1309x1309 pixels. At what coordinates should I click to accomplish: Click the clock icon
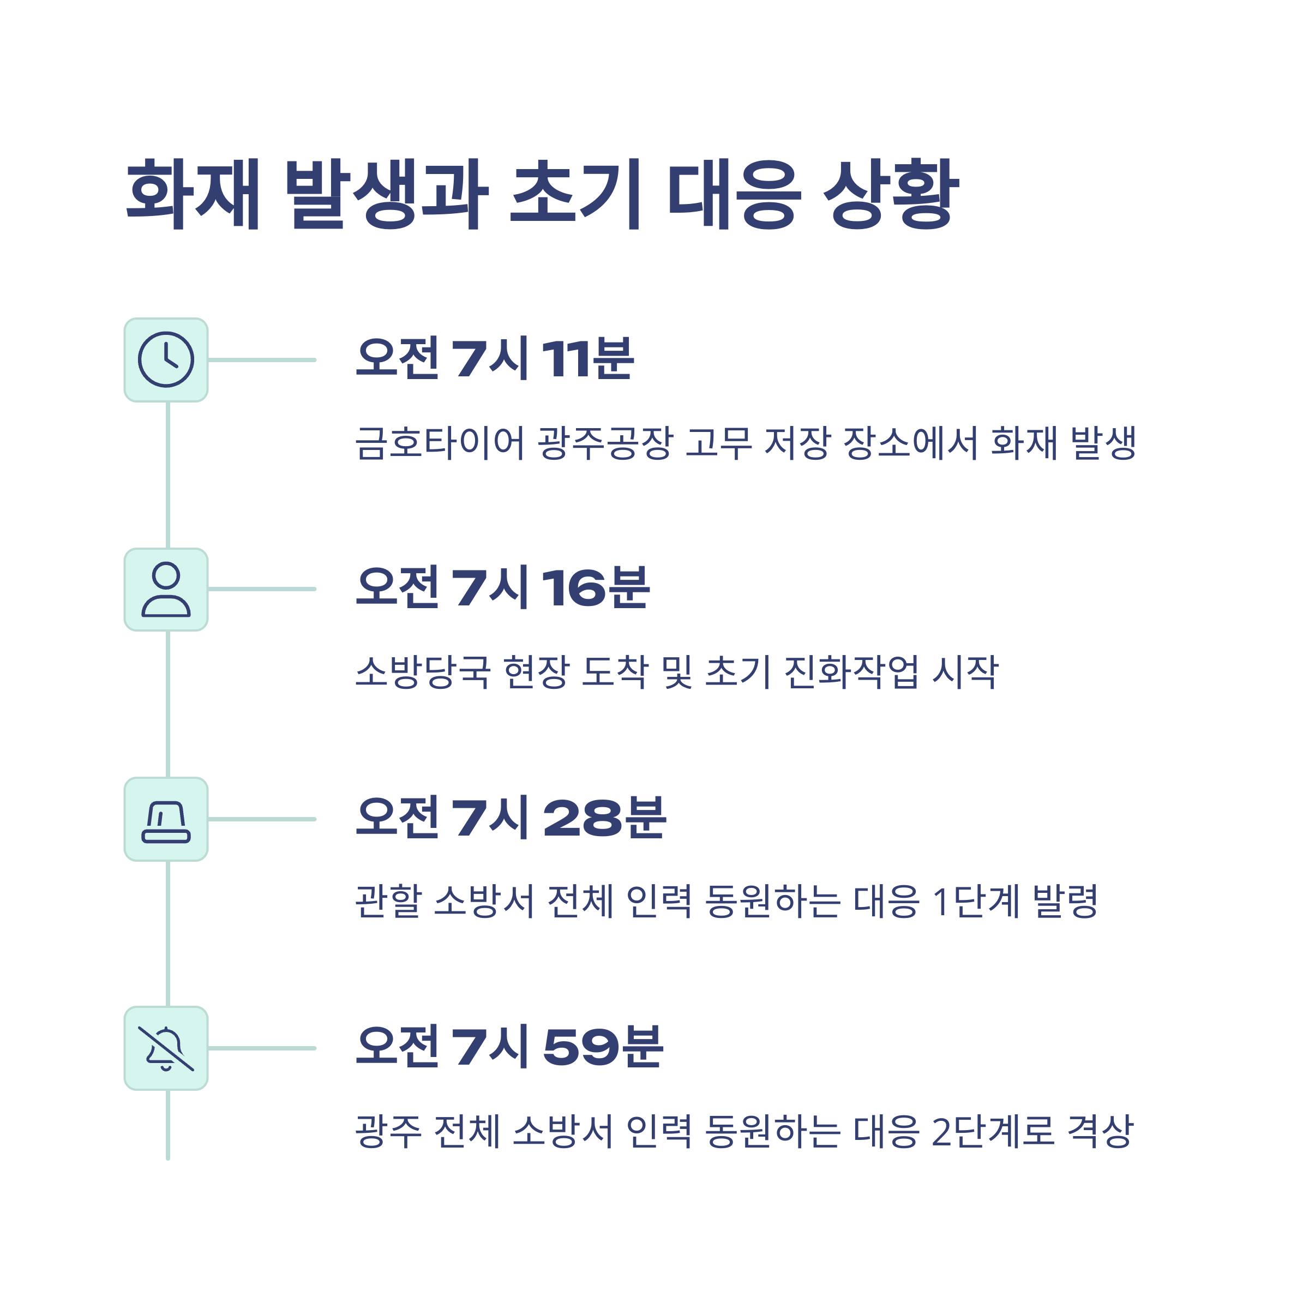(x=166, y=360)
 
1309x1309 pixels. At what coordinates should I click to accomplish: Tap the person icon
(x=166, y=590)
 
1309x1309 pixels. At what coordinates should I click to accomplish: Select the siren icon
(x=166, y=819)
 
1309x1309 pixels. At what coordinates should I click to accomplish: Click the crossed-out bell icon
(x=166, y=1048)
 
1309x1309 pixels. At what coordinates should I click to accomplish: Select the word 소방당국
(x=423, y=672)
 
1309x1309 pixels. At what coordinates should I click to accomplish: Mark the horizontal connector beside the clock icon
(x=262, y=360)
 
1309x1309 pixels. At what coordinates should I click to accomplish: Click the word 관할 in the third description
(x=388, y=902)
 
